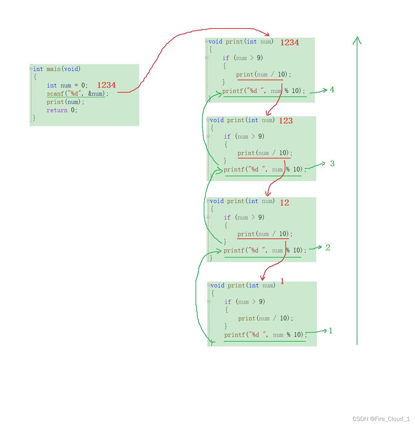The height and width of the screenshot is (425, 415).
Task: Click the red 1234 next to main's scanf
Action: (106, 85)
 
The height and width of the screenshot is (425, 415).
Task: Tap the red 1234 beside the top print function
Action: (289, 43)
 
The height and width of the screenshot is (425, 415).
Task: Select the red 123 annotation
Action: (286, 121)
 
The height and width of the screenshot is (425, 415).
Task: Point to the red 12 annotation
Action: (284, 203)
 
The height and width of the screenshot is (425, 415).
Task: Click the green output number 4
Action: (332, 90)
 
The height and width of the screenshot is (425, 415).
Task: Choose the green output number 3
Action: (332, 164)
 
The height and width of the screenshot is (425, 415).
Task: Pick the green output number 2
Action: (328, 248)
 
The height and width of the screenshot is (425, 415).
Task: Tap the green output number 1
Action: (331, 331)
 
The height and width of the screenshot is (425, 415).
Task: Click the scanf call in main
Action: (78, 94)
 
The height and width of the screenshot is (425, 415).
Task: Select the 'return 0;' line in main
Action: (62, 110)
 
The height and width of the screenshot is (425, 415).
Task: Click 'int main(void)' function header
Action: (57, 69)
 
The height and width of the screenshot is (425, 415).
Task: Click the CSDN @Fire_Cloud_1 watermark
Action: (381, 418)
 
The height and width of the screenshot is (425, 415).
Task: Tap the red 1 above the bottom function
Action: (282, 282)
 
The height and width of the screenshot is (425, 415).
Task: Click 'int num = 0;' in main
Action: (67, 85)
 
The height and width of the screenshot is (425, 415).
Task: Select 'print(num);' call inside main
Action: (66, 102)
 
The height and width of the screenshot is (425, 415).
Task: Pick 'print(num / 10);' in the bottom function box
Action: (265, 318)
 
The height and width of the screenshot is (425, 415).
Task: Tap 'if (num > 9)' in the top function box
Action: (243, 58)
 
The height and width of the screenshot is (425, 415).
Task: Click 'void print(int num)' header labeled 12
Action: (242, 201)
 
